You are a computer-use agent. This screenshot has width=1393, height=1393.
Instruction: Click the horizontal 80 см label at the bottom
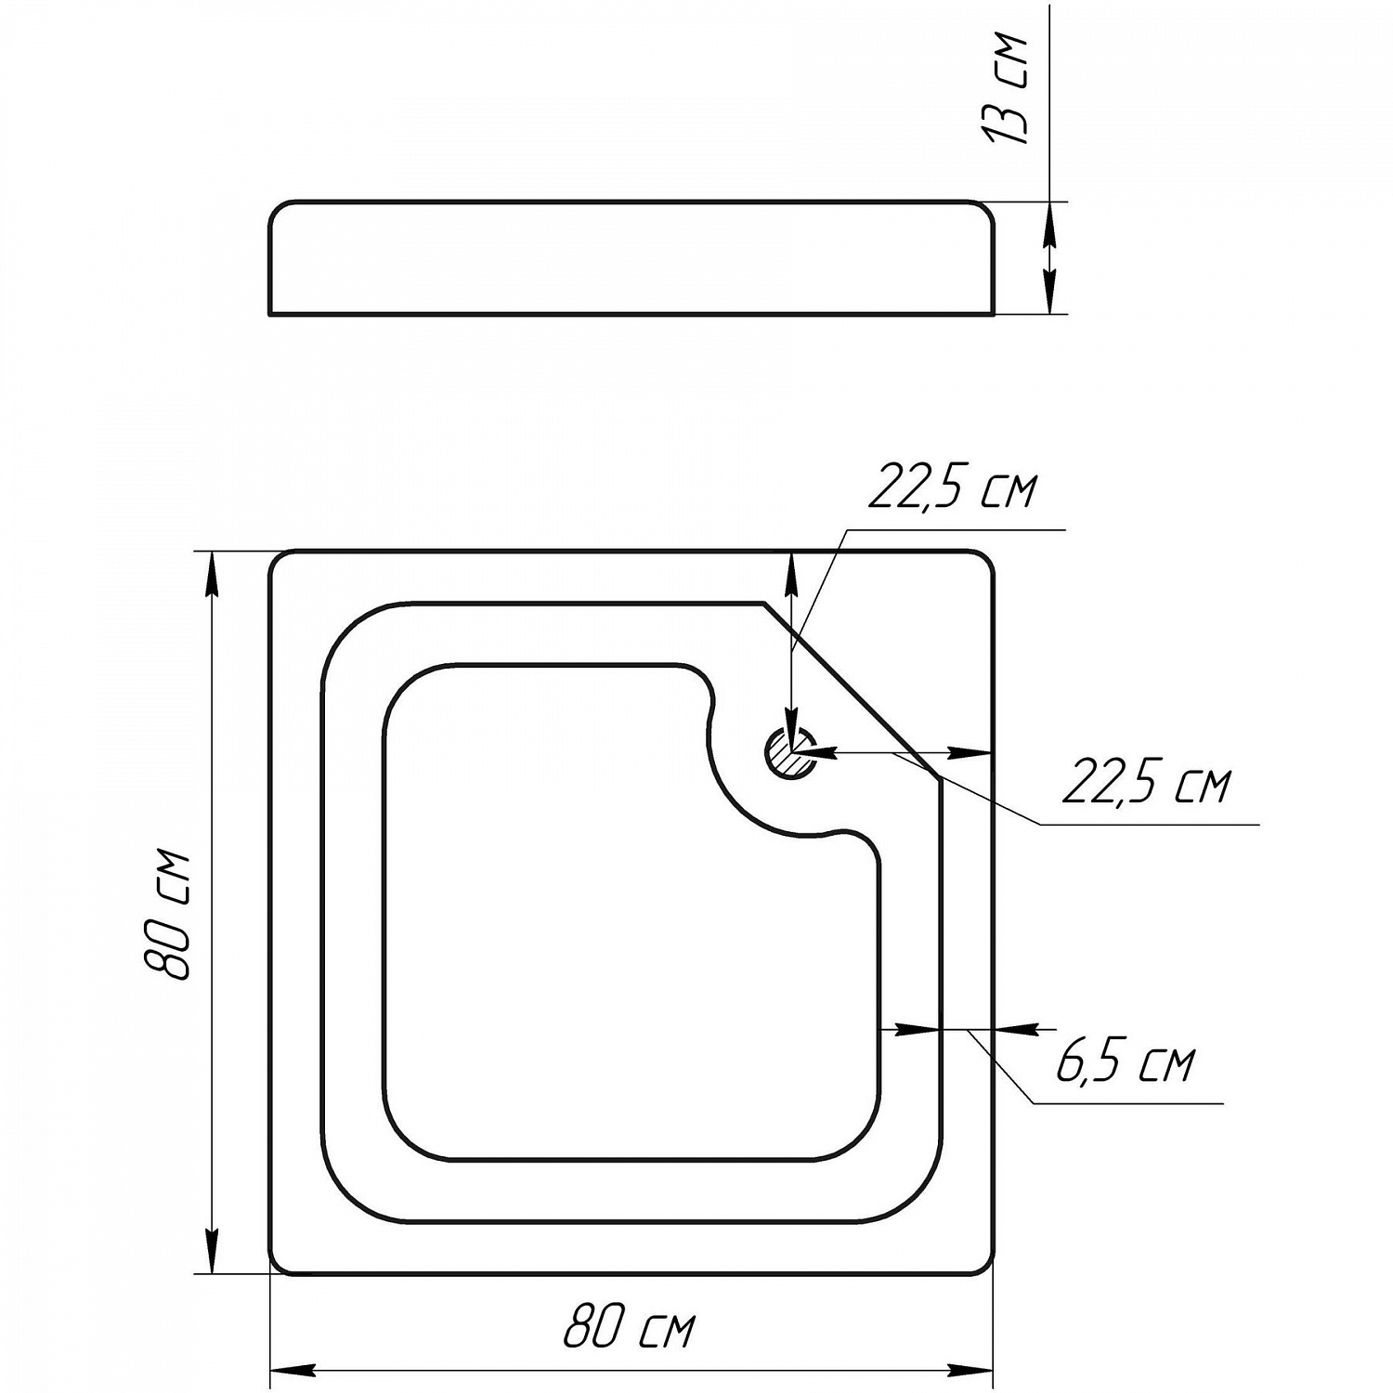(x=629, y=1328)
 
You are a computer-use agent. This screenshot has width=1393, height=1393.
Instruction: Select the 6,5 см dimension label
(x=1125, y=1062)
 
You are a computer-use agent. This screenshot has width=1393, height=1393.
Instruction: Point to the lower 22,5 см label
(x=1146, y=785)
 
